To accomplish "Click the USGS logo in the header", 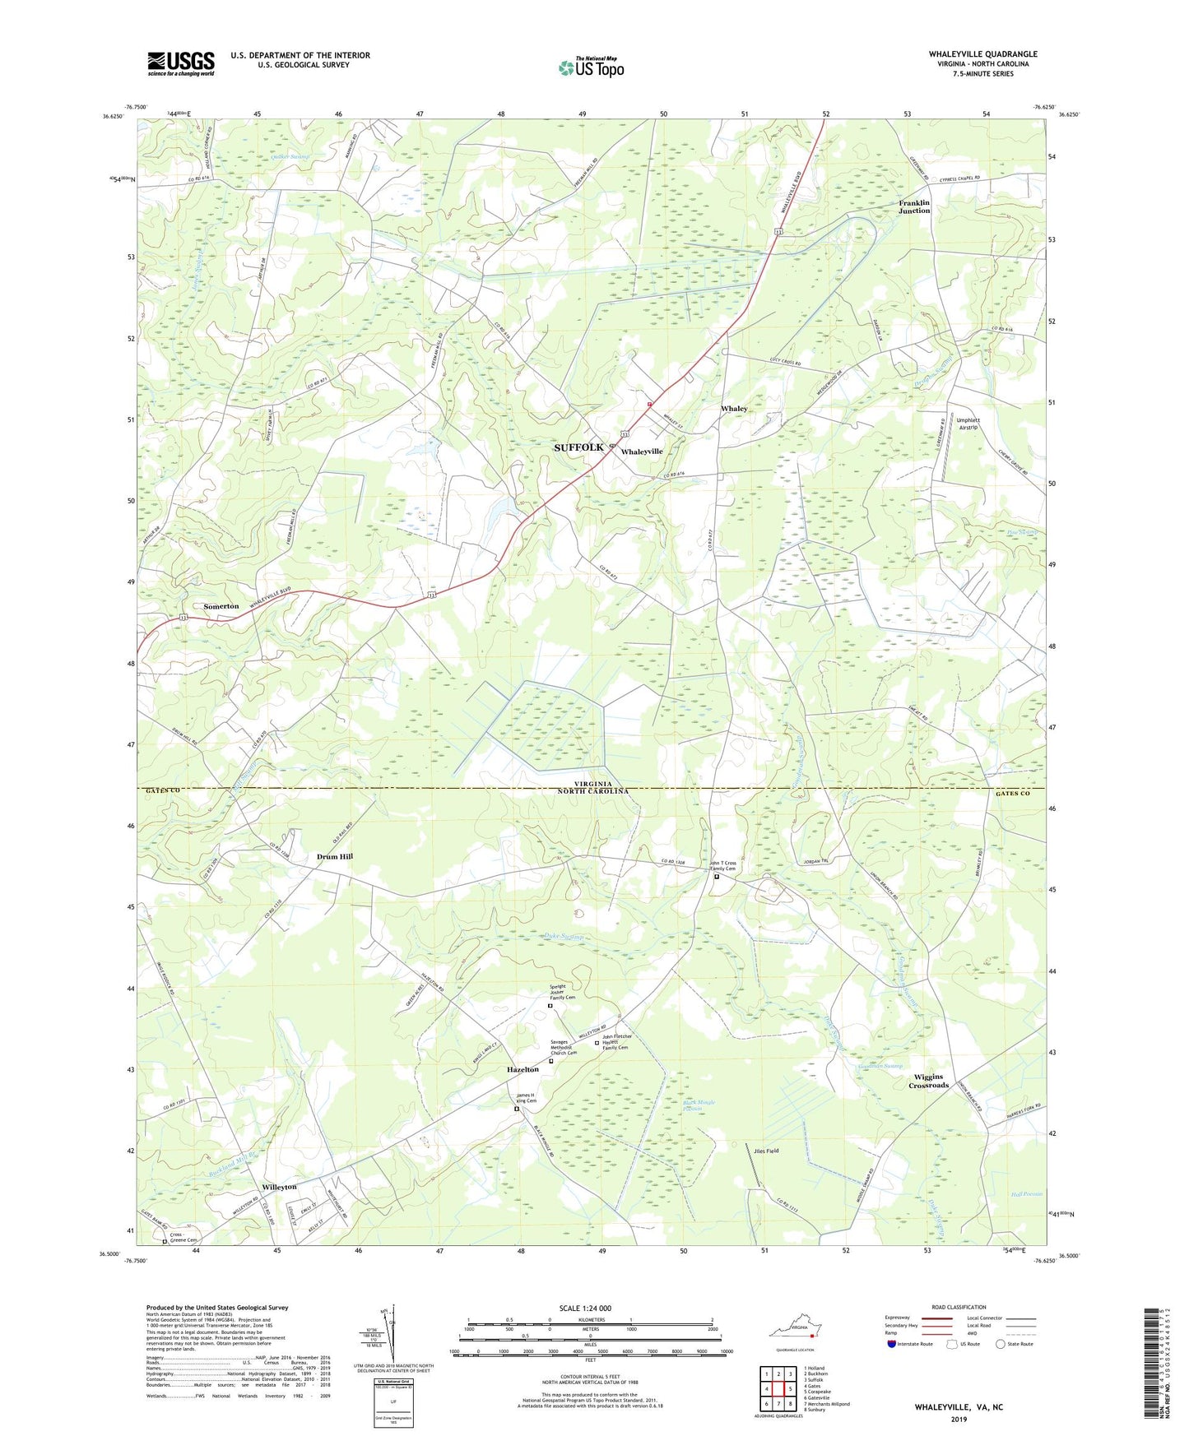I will click(x=181, y=63).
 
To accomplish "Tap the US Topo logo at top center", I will click(x=591, y=67).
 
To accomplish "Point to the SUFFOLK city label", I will click(x=578, y=447).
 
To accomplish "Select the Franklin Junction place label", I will click(x=913, y=206).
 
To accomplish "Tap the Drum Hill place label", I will click(x=334, y=856).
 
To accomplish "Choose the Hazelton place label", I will click(x=523, y=1070).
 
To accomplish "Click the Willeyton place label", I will click(x=279, y=1188).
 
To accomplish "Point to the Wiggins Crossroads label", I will click(x=928, y=1081).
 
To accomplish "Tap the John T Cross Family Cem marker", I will click(x=716, y=877).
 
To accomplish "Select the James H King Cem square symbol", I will click(x=517, y=1109).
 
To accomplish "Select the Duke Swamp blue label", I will click(x=564, y=936).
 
